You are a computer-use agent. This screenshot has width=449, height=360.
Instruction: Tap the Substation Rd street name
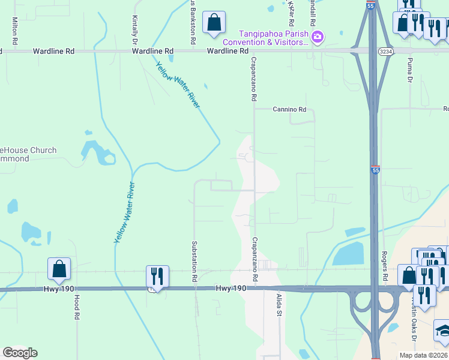point(194,261)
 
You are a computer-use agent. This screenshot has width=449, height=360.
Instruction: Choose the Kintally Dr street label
point(134,29)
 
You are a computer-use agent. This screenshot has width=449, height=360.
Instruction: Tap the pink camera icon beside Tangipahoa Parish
point(318,37)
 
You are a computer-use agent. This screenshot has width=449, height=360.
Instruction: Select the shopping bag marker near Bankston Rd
point(214,23)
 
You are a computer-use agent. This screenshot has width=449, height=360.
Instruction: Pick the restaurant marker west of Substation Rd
point(157,277)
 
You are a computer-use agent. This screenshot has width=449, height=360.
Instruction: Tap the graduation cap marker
point(444,331)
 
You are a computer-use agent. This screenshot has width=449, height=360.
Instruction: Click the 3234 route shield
point(386,52)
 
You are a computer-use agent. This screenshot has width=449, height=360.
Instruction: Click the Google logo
point(20,353)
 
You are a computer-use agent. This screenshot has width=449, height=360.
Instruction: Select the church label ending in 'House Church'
point(27,151)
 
